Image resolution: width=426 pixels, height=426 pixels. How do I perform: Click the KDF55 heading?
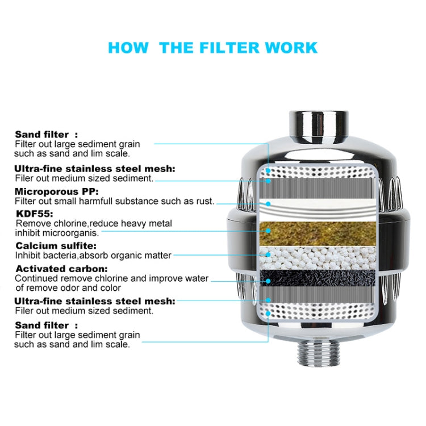[x=34, y=214]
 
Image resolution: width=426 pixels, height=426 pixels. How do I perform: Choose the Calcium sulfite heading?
[x=56, y=246]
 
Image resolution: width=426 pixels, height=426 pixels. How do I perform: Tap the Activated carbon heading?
[x=61, y=269]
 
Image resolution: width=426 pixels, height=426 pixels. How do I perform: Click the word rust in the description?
[x=203, y=201]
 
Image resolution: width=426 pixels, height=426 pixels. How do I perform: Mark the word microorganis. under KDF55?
[x=72, y=233]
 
